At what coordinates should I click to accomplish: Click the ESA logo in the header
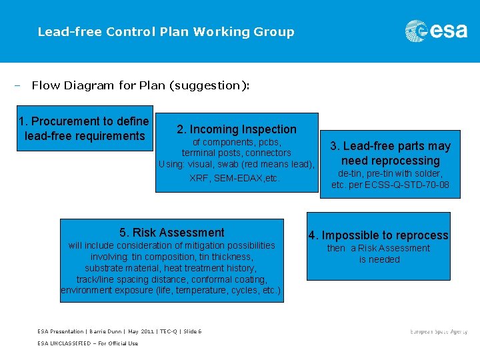tap(436, 31)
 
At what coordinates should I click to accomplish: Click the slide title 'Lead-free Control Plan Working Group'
tap(166, 31)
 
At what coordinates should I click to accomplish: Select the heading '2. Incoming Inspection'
tap(237, 129)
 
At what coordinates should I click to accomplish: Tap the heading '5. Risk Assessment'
tap(172, 233)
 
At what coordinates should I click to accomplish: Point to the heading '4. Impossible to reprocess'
tap(378, 235)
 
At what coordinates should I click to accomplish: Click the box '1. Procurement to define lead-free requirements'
tap(84, 129)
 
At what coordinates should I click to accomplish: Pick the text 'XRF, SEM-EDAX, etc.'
tap(235, 178)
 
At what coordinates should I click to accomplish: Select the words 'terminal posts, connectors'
tap(237, 153)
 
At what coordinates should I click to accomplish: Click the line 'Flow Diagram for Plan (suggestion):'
tap(141, 85)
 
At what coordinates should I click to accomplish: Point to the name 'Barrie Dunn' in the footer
tap(105, 331)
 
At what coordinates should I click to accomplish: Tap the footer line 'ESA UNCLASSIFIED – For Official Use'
tap(88, 343)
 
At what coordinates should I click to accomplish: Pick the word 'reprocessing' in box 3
tap(391, 161)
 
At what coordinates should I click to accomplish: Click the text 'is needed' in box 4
tap(379, 259)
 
